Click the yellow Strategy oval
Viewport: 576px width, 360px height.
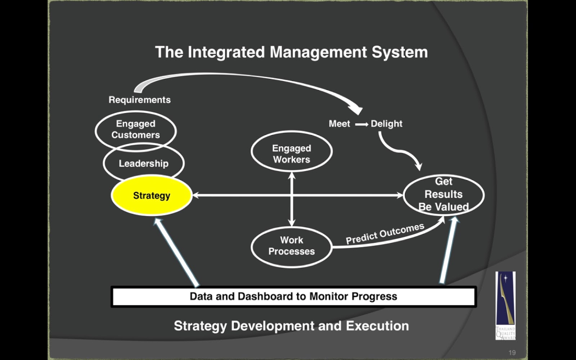[x=152, y=195]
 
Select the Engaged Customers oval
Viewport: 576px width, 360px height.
[x=136, y=129]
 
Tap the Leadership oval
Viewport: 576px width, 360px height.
[x=144, y=163]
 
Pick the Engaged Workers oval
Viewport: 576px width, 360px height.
[x=292, y=154]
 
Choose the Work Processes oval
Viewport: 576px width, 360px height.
[x=292, y=246]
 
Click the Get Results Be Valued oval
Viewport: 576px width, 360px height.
[x=444, y=194]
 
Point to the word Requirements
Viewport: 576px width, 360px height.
[x=140, y=100]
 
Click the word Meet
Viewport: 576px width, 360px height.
[x=339, y=124]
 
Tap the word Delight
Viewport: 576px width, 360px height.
[x=387, y=124]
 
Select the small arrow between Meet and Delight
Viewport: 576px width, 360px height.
[x=361, y=124]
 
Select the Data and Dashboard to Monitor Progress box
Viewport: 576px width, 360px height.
[x=293, y=296]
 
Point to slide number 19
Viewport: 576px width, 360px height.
[x=512, y=352]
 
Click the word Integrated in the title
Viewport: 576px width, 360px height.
[x=226, y=52]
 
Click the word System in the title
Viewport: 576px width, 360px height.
[x=400, y=52]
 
